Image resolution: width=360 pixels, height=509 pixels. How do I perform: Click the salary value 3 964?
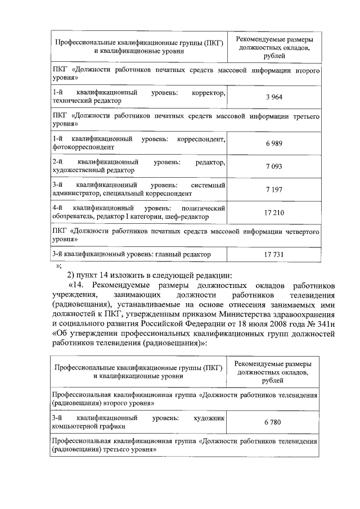click(x=274, y=97)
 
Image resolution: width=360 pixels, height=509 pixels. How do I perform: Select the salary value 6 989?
click(x=274, y=143)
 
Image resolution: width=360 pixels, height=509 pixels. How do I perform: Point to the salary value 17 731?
click(x=274, y=255)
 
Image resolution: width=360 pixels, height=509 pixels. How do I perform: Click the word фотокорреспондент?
click(x=83, y=147)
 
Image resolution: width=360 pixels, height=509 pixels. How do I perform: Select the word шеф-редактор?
click(x=191, y=217)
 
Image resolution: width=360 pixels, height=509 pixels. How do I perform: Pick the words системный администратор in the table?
click(x=141, y=190)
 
